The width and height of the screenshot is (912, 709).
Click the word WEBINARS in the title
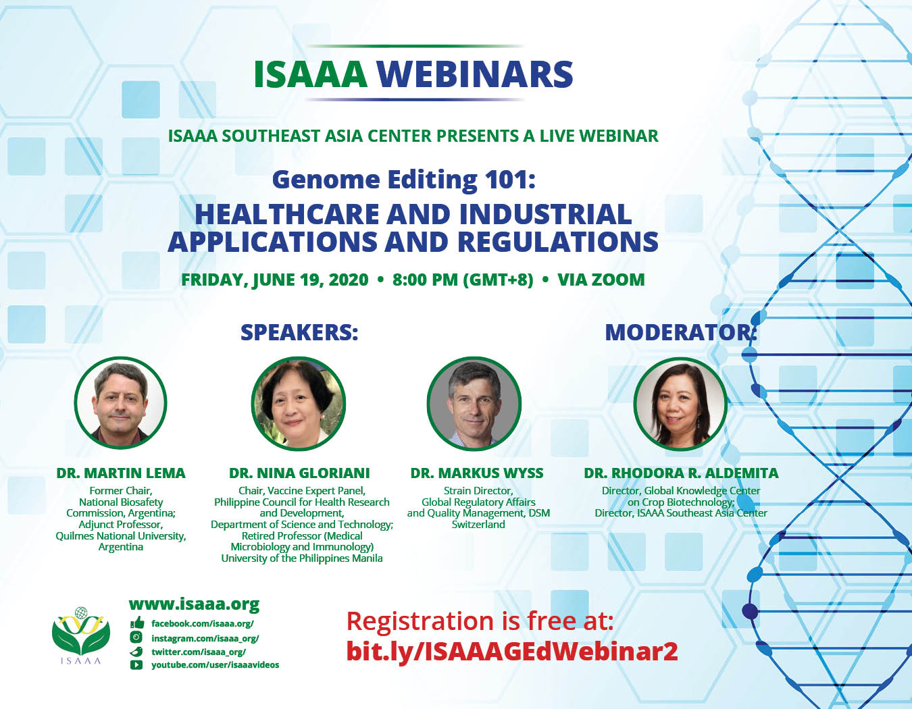coord(475,74)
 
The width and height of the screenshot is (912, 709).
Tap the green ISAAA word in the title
coord(311,74)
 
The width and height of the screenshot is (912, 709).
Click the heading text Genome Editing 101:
coord(404,180)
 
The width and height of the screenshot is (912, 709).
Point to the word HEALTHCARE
coord(288,214)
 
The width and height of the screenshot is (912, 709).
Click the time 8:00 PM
coord(425,280)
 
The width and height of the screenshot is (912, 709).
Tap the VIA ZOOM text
coord(601,280)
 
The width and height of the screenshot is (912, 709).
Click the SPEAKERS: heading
coord(299,332)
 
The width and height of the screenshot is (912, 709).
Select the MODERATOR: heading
coord(680,332)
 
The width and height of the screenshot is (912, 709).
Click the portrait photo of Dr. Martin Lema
coord(121,402)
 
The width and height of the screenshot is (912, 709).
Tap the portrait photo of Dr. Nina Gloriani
coord(299,403)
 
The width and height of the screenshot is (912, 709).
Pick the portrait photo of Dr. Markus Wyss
coord(474,403)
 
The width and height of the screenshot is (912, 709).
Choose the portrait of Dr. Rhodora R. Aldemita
coord(680,403)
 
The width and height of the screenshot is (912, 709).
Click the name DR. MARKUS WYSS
coord(477,473)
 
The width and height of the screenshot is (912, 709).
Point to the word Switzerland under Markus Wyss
coord(478,525)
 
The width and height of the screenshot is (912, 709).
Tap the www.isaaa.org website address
coord(194,604)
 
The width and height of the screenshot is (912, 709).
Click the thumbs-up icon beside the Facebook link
coord(137,623)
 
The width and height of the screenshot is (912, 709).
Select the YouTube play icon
coord(136,665)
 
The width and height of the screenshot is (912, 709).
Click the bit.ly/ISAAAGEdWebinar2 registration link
coord(512,652)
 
